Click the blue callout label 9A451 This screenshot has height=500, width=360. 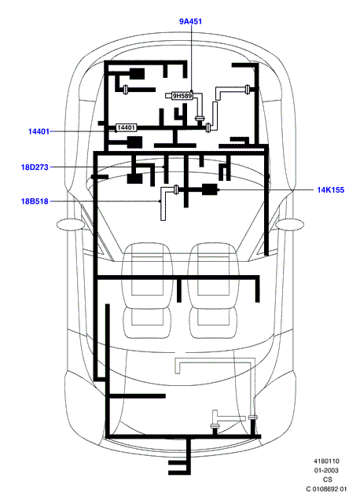190,21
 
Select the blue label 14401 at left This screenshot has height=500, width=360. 39,131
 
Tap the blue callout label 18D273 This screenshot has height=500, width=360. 35,167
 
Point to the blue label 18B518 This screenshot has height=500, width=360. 35,201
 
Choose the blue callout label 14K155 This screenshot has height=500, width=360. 331,189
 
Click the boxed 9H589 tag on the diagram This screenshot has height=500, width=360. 182,96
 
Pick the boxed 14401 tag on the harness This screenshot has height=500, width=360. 126,127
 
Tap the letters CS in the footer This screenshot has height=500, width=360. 328,480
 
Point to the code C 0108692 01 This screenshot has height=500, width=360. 326,489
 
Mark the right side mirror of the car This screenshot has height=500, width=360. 289,225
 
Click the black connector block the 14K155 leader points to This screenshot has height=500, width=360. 210,189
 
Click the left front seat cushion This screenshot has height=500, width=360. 147,322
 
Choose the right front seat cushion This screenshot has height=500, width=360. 213,322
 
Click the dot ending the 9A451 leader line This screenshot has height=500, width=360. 191,91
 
